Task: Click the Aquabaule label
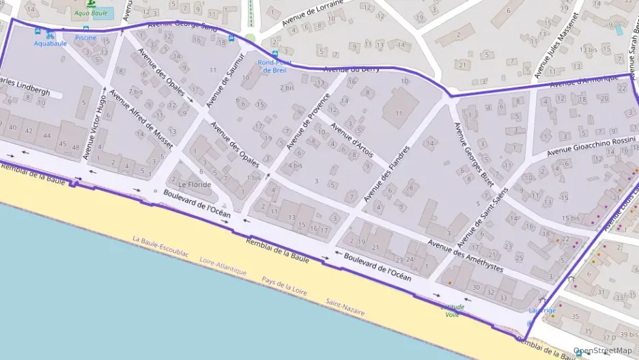(51, 44)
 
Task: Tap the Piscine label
(85, 38)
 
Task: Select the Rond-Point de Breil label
(274, 66)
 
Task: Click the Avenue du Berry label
(352, 69)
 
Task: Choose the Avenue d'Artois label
(352, 139)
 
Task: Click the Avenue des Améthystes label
(466, 256)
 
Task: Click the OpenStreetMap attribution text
(603, 350)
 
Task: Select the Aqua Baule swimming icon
(91, 4)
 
